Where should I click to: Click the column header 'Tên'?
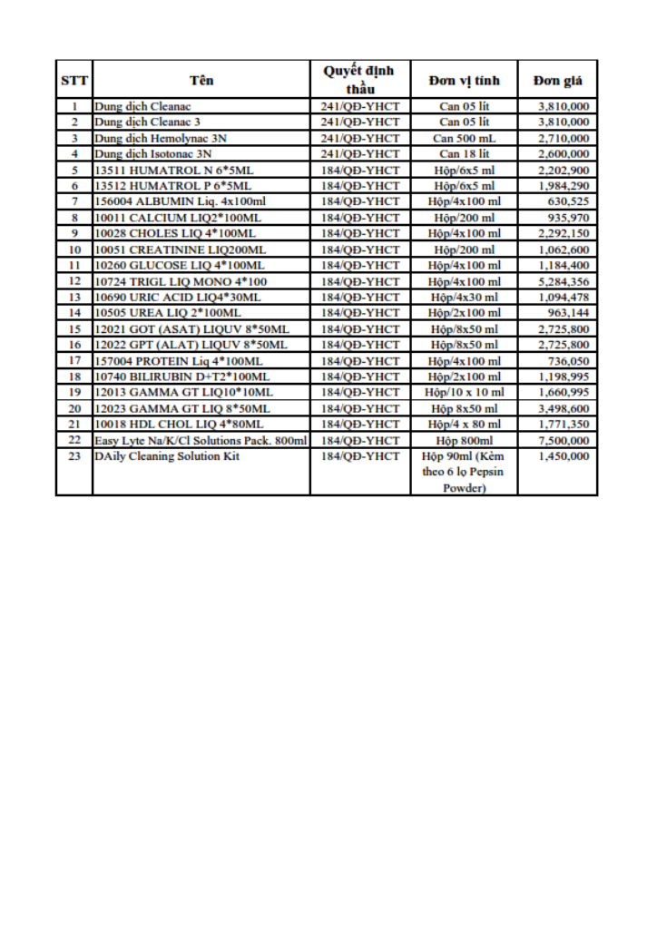click(x=201, y=80)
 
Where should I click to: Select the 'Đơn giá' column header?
click(x=557, y=80)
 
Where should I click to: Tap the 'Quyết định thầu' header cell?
click(x=359, y=80)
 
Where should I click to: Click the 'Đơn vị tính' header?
click(x=464, y=80)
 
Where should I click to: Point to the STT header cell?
click(x=74, y=80)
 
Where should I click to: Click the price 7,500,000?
click(x=564, y=440)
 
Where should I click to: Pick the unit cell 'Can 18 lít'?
click(x=464, y=154)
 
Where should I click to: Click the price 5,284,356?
click(x=564, y=281)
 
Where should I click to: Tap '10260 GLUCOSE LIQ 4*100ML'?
click(x=180, y=265)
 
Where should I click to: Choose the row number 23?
click(x=74, y=456)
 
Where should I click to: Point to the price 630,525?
click(x=570, y=201)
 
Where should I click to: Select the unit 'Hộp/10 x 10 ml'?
click(x=464, y=392)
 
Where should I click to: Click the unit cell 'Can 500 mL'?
click(x=464, y=138)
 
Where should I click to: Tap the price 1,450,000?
click(x=564, y=456)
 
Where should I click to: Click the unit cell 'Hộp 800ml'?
click(x=464, y=440)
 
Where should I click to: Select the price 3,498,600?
click(x=564, y=408)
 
